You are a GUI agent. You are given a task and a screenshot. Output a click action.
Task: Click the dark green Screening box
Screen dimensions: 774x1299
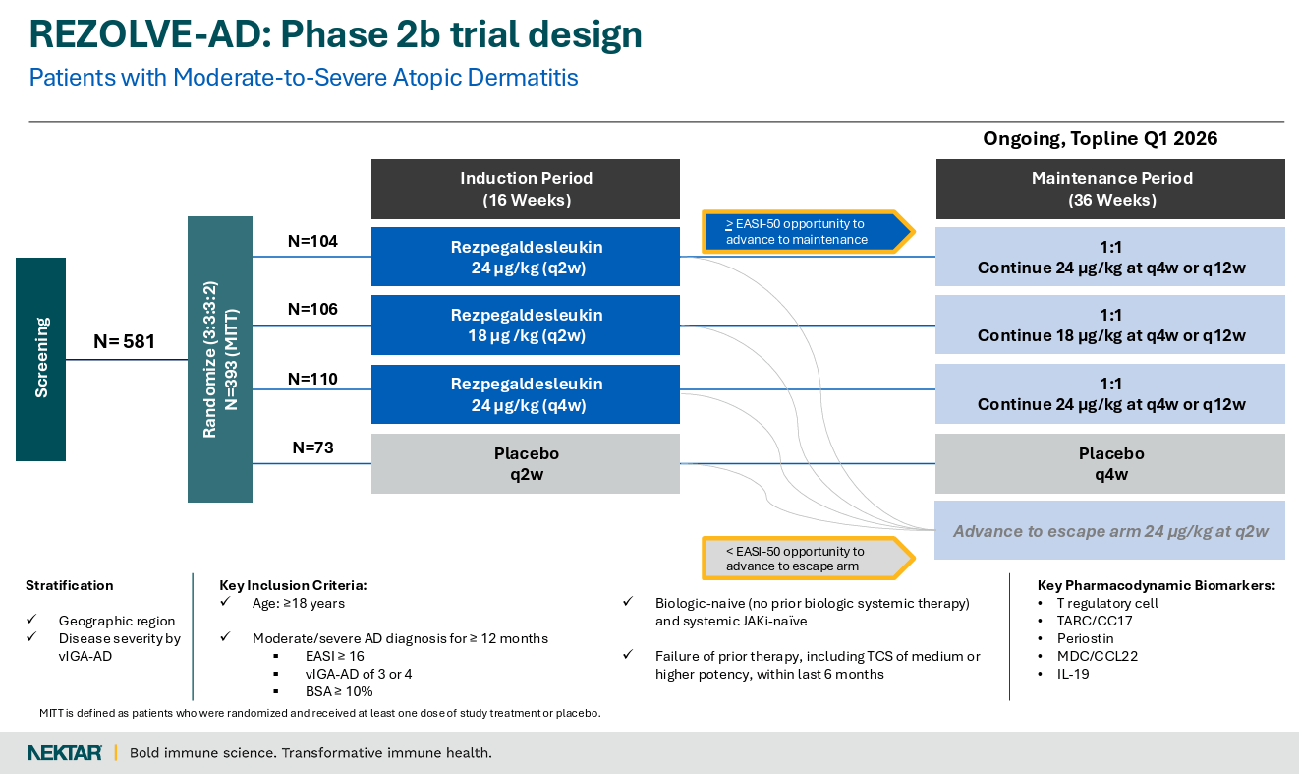click(x=40, y=359)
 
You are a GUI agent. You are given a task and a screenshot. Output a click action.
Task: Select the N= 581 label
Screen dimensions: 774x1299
click(x=124, y=342)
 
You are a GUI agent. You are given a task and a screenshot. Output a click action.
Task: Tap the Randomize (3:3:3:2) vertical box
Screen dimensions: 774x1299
click(x=219, y=359)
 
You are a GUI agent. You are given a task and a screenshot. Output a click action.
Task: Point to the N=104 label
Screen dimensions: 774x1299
click(x=312, y=241)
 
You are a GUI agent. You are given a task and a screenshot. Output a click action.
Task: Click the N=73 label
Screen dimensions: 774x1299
click(x=312, y=447)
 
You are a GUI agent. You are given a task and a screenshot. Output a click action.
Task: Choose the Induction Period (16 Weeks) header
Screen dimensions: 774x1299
click(x=526, y=189)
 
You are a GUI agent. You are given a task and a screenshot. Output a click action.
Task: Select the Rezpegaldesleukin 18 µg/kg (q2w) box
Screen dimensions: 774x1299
click(x=526, y=326)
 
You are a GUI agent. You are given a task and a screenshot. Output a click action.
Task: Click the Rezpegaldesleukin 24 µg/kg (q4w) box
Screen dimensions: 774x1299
click(x=526, y=394)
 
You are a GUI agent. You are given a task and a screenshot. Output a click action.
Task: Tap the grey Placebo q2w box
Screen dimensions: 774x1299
click(x=526, y=463)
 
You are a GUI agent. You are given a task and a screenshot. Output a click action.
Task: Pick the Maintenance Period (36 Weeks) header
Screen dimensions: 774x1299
click(x=1110, y=189)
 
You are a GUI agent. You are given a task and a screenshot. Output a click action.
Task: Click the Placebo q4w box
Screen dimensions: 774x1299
click(x=1110, y=463)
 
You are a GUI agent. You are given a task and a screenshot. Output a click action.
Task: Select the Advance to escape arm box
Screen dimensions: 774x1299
click(x=1110, y=531)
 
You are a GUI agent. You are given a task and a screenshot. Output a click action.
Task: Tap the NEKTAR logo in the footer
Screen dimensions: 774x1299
click(x=65, y=753)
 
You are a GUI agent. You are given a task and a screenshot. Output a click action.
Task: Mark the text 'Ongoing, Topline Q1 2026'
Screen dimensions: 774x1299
click(x=1101, y=139)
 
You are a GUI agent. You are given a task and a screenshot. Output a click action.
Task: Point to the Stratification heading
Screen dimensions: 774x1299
click(x=70, y=585)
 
